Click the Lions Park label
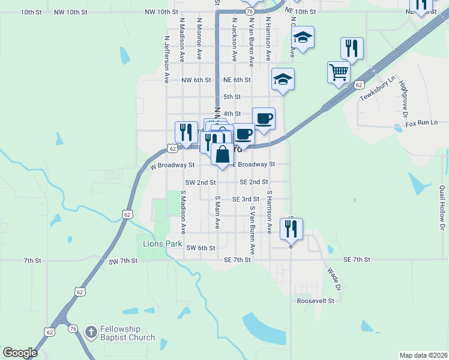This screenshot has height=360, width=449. pos(161,244)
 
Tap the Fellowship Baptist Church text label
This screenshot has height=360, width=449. pos(127,333)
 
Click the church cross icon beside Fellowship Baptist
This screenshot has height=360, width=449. pos(91,331)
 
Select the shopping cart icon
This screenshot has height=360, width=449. pos(339,72)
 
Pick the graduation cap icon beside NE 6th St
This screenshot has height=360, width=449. pos(283,79)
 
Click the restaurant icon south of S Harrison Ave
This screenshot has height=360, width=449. pos(291,228)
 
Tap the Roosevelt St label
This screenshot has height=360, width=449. pos(315,301)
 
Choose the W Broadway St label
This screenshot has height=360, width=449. pos(173,164)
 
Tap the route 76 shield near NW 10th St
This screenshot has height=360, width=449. pos(249,11)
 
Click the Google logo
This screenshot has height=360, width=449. pos(20,352)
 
